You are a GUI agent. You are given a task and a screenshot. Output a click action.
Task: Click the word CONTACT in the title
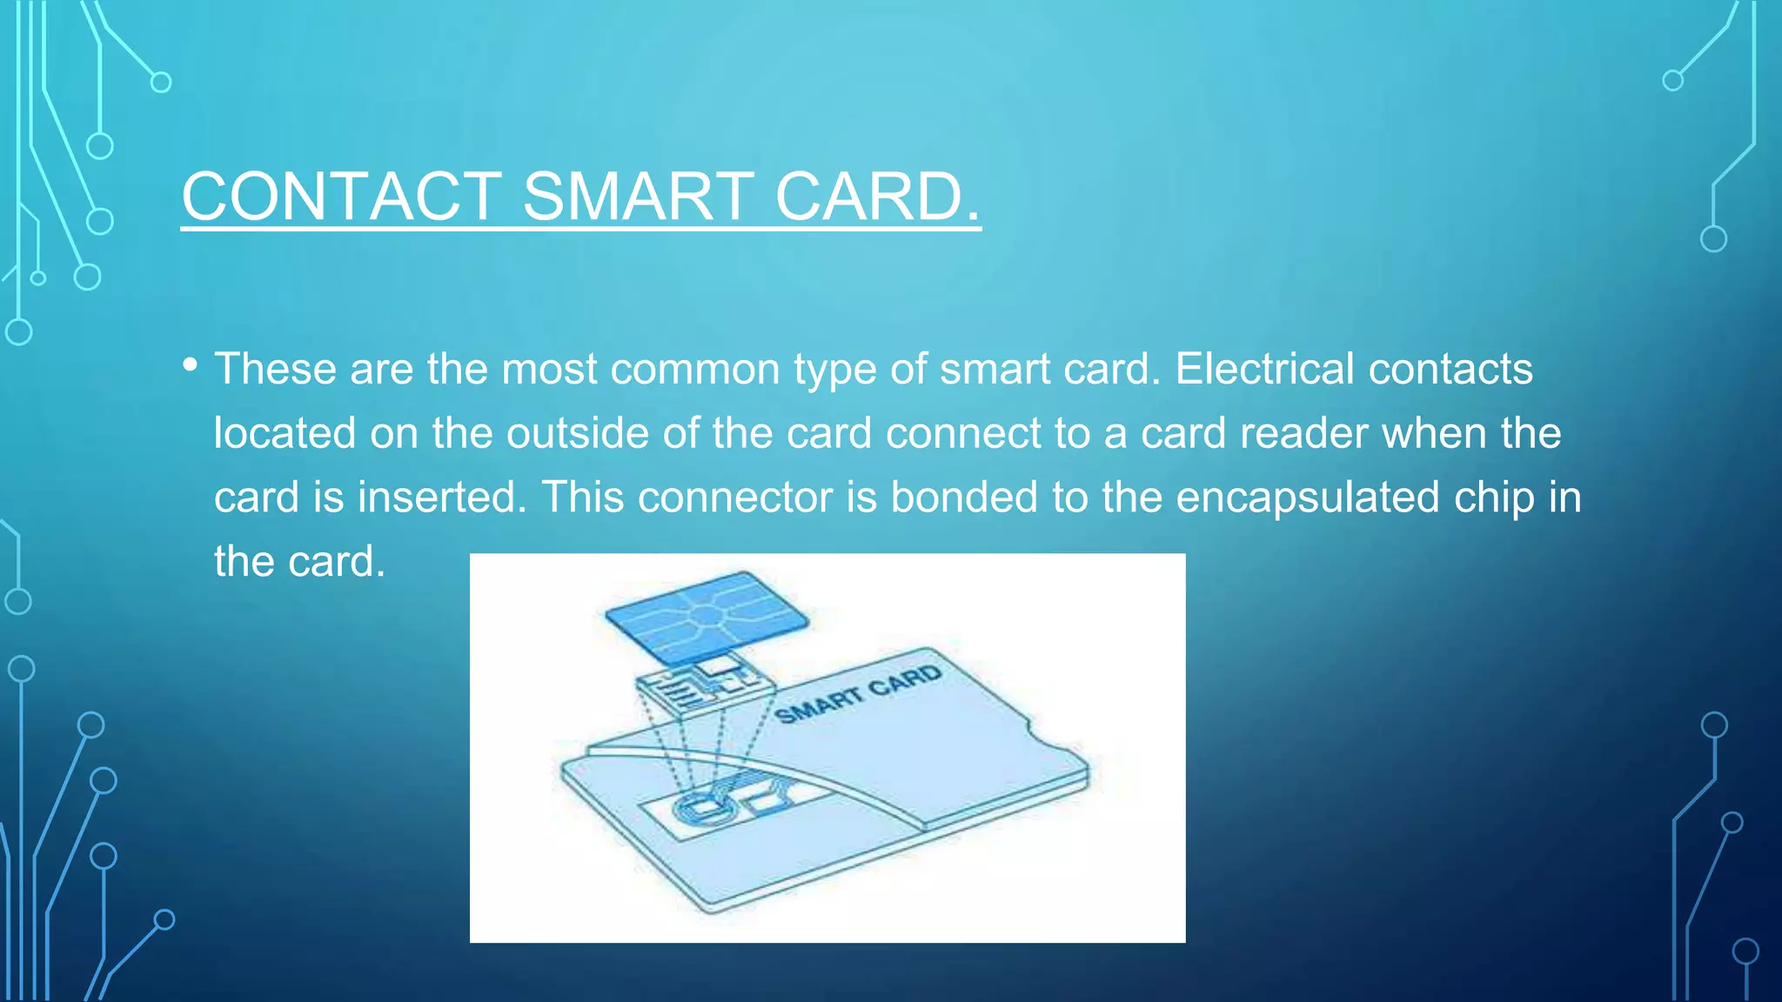(x=341, y=197)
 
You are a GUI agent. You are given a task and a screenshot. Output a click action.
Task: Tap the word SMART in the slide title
(x=638, y=197)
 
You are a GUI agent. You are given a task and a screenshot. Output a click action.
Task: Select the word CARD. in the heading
(x=877, y=197)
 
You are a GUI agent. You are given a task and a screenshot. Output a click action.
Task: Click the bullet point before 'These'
(x=191, y=364)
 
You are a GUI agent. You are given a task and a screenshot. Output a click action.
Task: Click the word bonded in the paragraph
(x=964, y=498)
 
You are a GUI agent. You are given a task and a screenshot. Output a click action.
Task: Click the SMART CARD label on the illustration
(x=858, y=695)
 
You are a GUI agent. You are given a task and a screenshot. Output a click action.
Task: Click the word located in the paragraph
(x=285, y=433)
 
